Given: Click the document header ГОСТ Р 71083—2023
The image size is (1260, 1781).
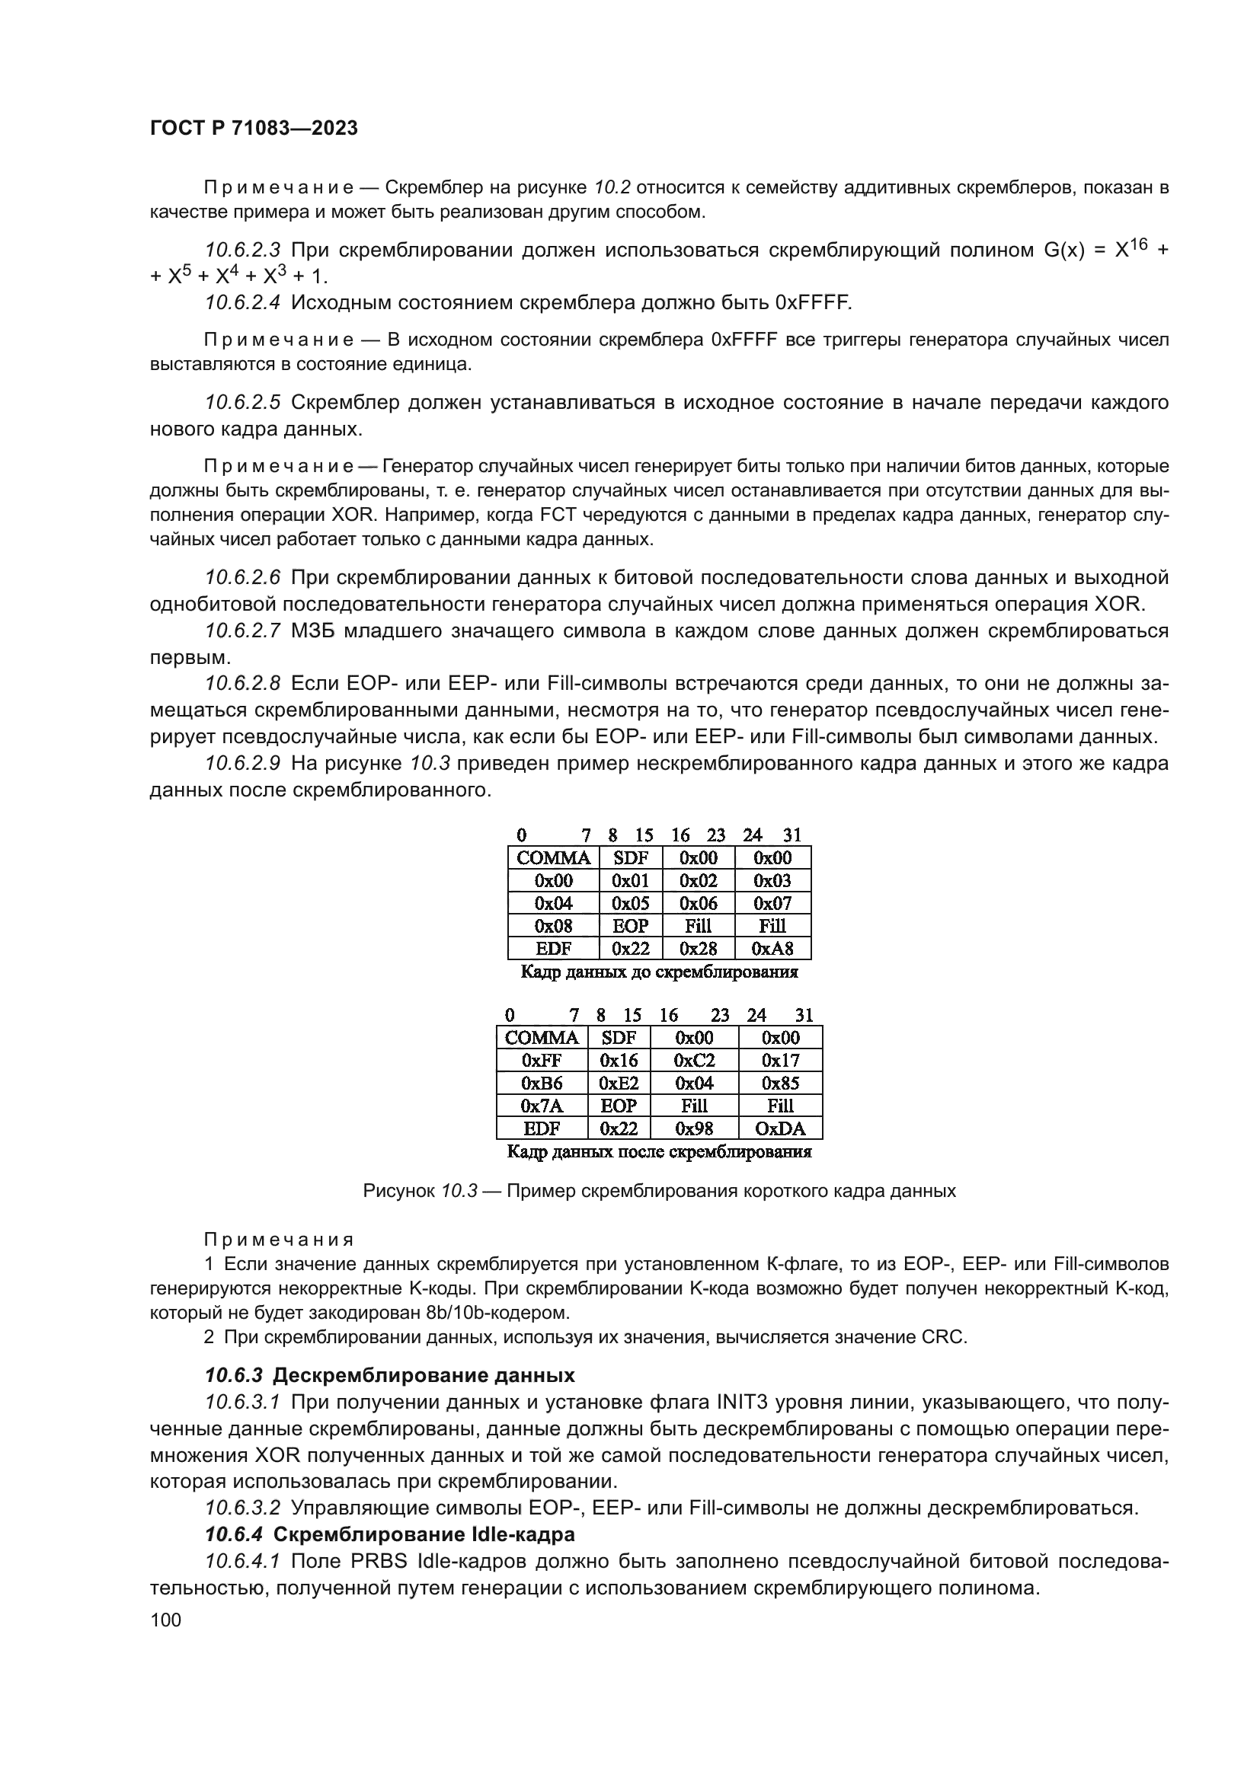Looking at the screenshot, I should pyautogui.click(x=254, y=129).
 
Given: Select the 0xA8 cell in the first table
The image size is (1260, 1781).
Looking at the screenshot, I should pyautogui.click(x=772, y=948).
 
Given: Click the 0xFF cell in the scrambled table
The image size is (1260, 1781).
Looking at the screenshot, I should pyautogui.click(x=542, y=1061).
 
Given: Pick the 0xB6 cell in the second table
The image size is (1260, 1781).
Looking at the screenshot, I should pyautogui.click(x=542, y=1083).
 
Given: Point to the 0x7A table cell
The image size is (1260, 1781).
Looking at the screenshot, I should pyautogui.click(x=542, y=1106).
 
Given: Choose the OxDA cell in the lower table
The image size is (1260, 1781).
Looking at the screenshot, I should pyautogui.click(x=780, y=1128).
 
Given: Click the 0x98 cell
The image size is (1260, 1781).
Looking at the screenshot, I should pyautogui.click(x=694, y=1128).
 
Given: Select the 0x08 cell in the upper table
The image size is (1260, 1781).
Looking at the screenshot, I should pyautogui.click(x=553, y=925).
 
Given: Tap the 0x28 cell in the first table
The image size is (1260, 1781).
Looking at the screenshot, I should pyautogui.click(x=699, y=948).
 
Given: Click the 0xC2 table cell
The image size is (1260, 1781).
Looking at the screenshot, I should pyautogui.click(x=694, y=1061).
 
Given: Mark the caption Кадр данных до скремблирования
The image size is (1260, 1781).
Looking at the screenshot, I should pyautogui.click(x=659, y=972).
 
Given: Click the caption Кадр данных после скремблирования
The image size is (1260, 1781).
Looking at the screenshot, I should pyautogui.click(x=659, y=1152).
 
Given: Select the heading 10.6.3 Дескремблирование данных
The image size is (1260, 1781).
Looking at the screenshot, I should pyautogui.click(x=389, y=1375).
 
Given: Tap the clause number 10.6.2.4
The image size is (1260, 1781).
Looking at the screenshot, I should pyautogui.click(x=243, y=302).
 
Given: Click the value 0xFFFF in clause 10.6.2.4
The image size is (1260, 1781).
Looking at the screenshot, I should pyautogui.click(x=811, y=302).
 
